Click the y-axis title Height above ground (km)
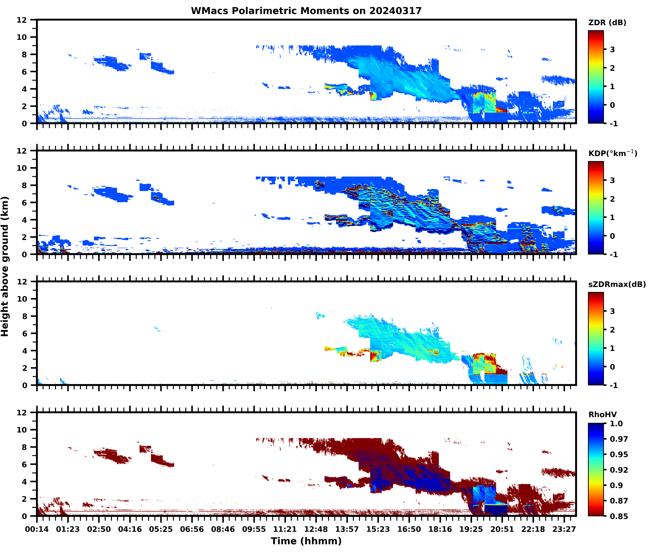tap(5, 266)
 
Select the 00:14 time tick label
tap(37, 529)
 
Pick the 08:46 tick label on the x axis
tap(223, 529)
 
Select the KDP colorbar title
tap(612, 153)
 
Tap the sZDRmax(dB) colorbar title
tap(617, 284)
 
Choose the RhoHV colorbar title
tap(602, 414)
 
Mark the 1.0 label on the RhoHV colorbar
tap(616, 423)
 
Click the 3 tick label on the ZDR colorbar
tap(612, 49)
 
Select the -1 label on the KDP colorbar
tap(614, 254)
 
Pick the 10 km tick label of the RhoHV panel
tap(22, 430)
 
